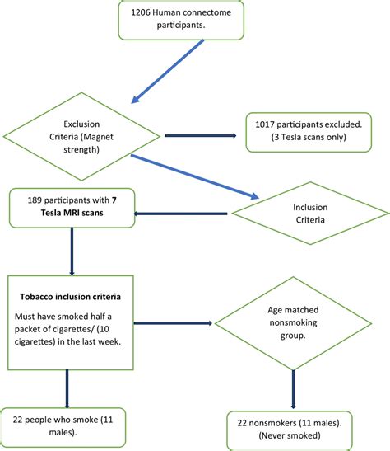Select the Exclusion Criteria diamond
point(82,136)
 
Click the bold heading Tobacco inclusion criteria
point(72,294)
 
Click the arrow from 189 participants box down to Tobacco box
point(72,251)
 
